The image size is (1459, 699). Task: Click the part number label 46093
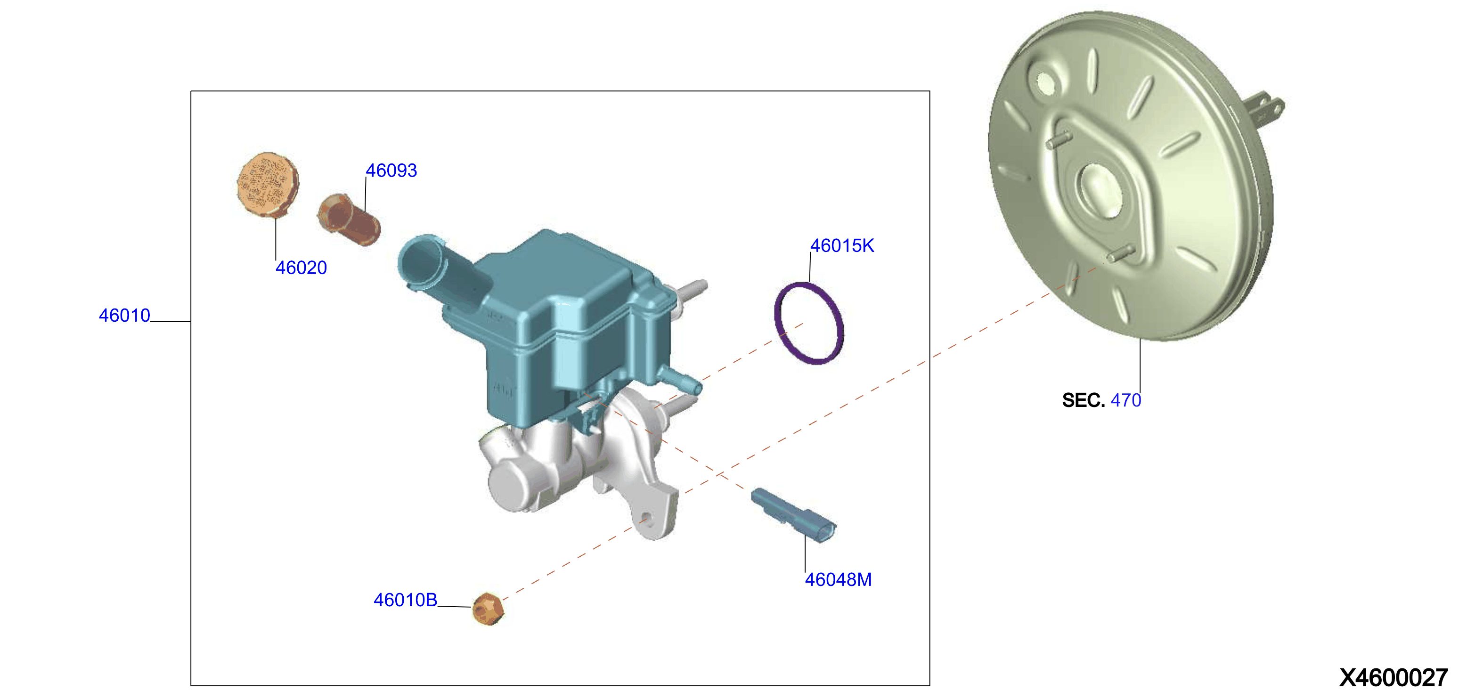(x=391, y=171)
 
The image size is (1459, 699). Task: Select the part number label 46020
(x=302, y=268)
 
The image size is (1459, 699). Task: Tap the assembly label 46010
(x=124, y=315)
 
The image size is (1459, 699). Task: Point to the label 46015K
(x=842, y=246)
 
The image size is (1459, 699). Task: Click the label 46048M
(x=838, y=579)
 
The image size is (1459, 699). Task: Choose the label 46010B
(x=406, y=600)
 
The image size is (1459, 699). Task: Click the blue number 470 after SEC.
(x=1126, y=400)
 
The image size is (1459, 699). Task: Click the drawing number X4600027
(x=1394, y=677)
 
